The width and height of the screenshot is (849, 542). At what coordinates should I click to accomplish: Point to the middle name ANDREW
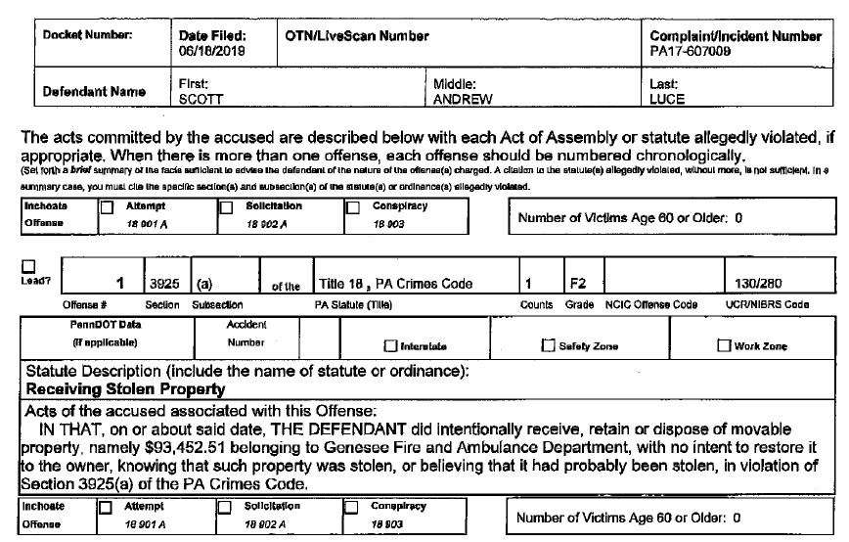[461, 99]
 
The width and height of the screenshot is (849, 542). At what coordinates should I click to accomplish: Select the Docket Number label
[86, 36]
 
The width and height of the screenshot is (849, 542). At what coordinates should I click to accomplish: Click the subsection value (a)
[204, 284]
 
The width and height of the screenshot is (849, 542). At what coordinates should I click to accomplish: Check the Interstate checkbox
[391, 346]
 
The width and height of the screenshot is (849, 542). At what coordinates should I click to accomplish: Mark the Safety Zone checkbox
[548, 346]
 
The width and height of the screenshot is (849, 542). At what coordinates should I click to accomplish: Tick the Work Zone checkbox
[725, 346]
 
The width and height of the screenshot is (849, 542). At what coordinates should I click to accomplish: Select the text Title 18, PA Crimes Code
[395, 284]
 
